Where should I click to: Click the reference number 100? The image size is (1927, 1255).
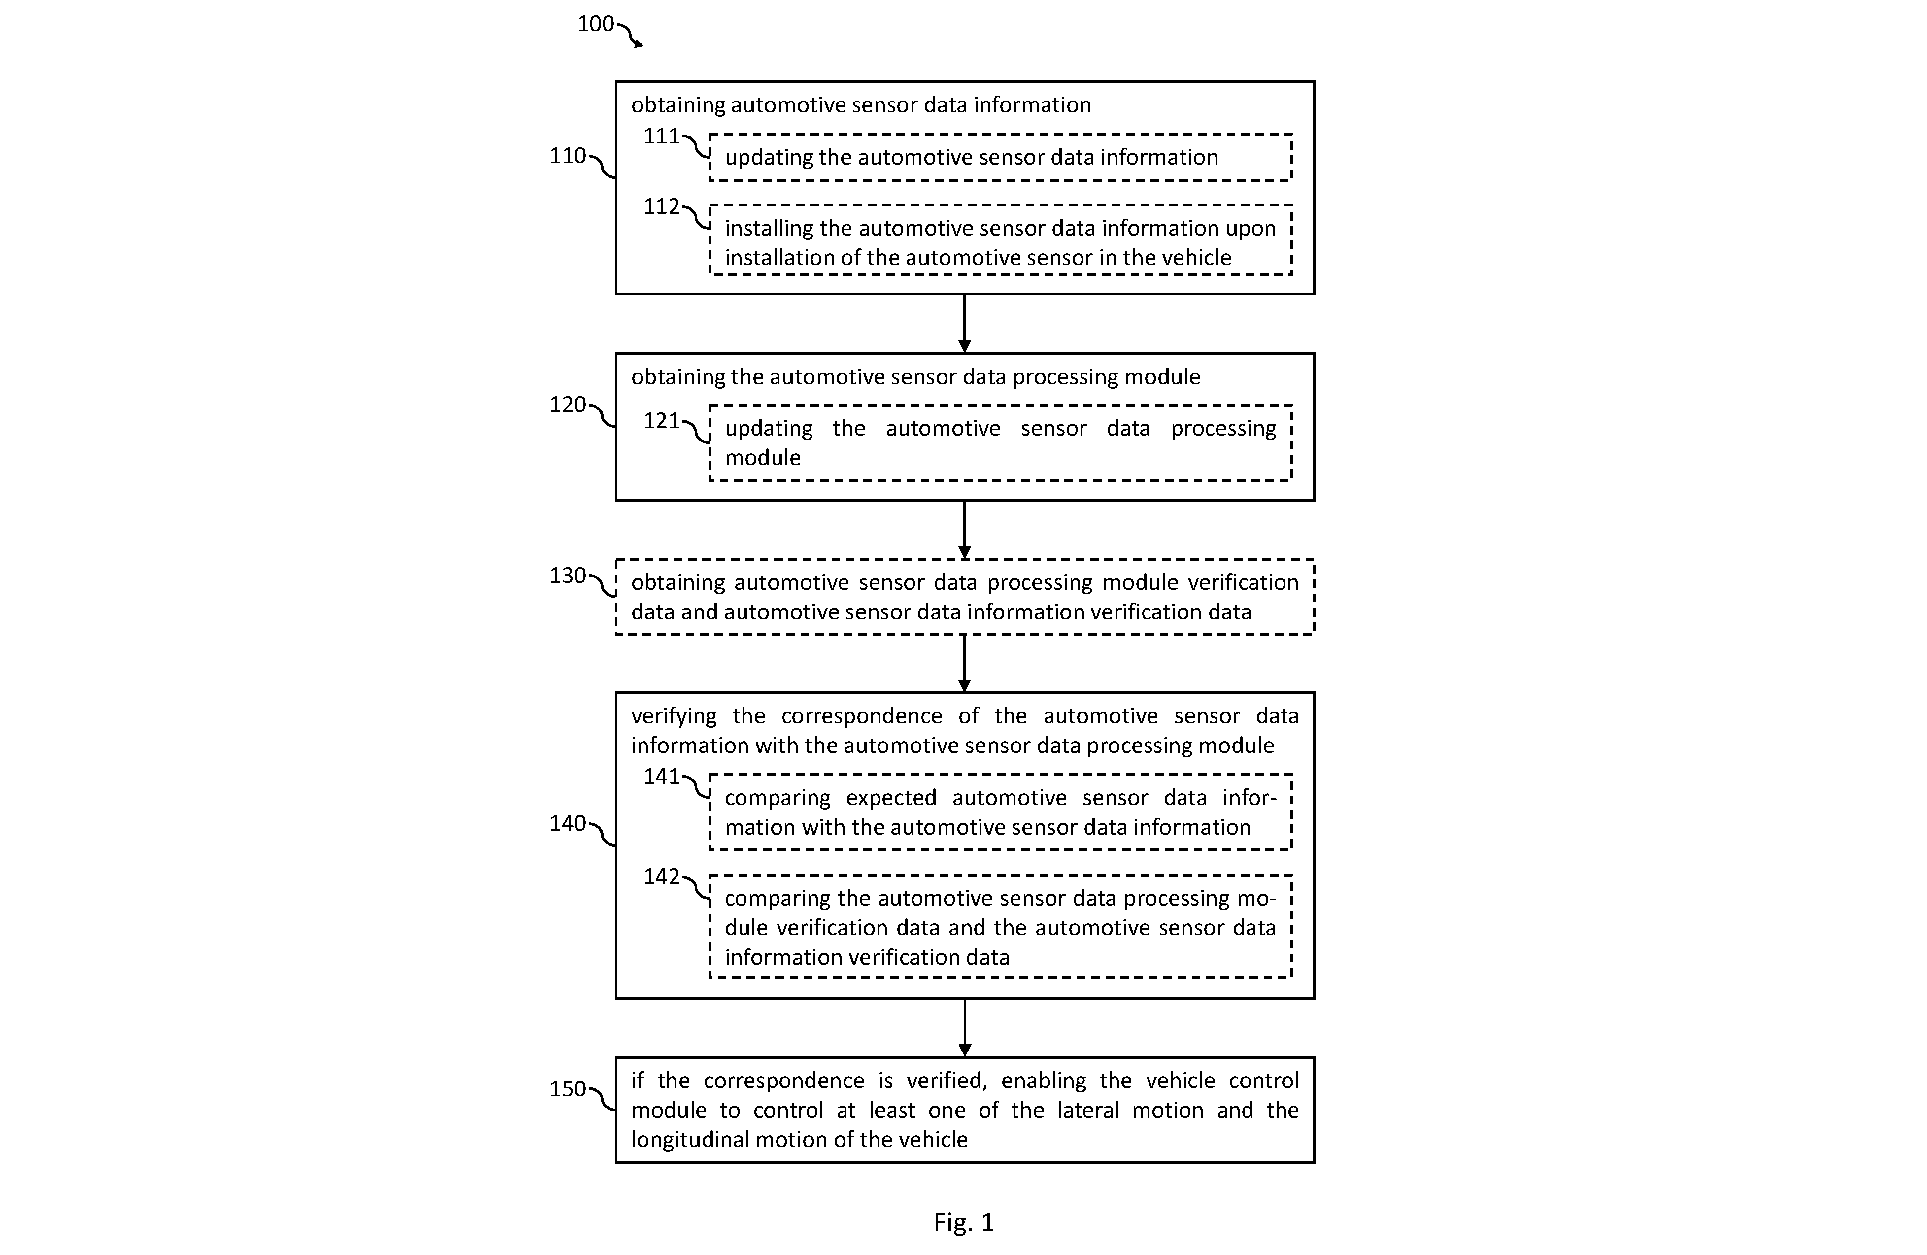(595, 24)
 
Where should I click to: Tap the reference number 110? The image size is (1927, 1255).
(568, 155)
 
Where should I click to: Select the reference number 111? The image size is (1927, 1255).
(662, 136)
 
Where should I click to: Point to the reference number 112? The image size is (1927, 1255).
(662, 206)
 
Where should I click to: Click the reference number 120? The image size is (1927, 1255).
(568, 404)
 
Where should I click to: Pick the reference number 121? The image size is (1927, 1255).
(662, 421)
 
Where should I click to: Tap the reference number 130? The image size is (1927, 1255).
(568, 576)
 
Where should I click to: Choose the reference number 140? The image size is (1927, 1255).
(568, 823)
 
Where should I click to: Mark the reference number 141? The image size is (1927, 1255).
(662, 777)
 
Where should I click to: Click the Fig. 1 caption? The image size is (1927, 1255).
(964, 1222)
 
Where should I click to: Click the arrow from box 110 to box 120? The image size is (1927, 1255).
(964, 323)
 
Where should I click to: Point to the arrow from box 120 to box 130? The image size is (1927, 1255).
(964, 530)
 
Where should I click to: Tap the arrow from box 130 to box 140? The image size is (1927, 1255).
(964, 663)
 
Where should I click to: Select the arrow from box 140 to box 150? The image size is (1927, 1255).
(964, 1027)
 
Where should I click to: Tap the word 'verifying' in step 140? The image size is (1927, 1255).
(674, 716)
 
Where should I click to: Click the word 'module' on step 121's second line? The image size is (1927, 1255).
(763, 457)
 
